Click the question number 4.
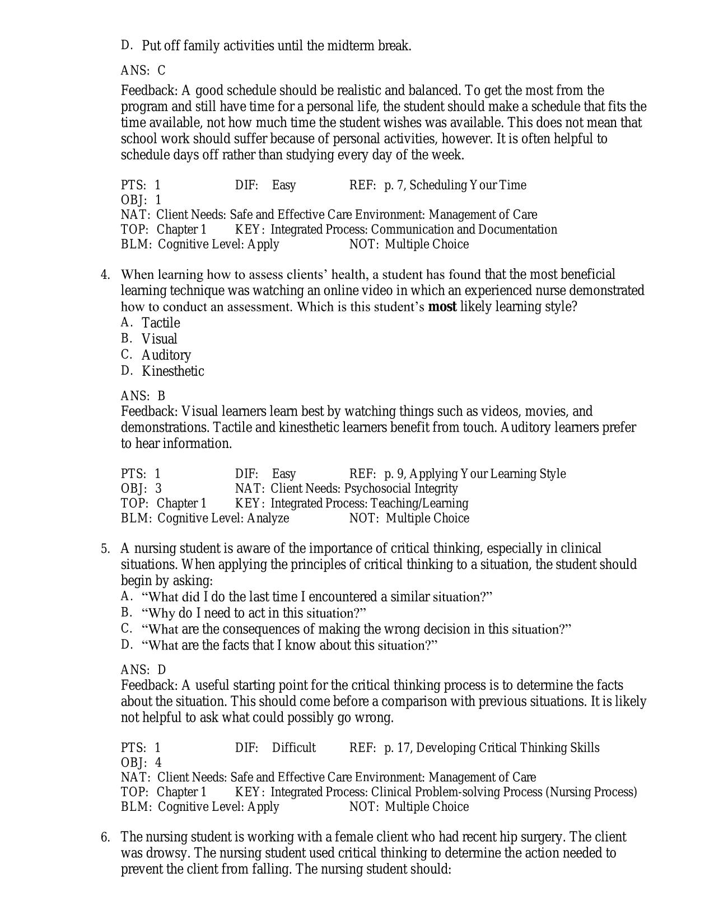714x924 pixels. point(104,275)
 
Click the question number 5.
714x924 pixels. point(105,549)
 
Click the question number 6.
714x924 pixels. point(105,837)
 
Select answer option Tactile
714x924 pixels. point(161,323)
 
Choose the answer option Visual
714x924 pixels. point(159,339)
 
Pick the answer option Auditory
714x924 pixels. point(166,356)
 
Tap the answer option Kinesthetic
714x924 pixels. point(172,371)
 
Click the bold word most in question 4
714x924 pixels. point(442,307)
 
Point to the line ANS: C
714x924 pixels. point(143,71)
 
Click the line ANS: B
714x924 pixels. point(143,396)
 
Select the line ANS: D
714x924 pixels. point(143,670)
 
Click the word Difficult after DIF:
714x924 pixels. point(293,748)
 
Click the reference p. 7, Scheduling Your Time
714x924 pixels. point(455,185)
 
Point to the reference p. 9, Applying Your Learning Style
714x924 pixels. point(474,474)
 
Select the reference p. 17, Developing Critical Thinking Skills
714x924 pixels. point(491,748)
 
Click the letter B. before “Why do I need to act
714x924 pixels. point(126,612)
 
